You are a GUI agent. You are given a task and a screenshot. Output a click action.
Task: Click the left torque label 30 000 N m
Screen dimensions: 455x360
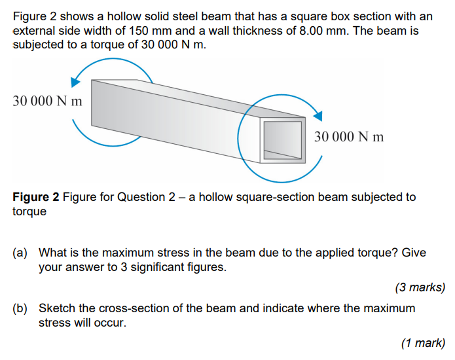47,101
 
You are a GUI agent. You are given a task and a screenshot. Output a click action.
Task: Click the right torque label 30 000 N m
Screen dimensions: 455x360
349,137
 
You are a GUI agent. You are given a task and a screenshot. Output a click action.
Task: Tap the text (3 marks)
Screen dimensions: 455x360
420,287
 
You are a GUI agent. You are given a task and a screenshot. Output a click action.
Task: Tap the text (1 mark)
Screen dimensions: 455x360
423,342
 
